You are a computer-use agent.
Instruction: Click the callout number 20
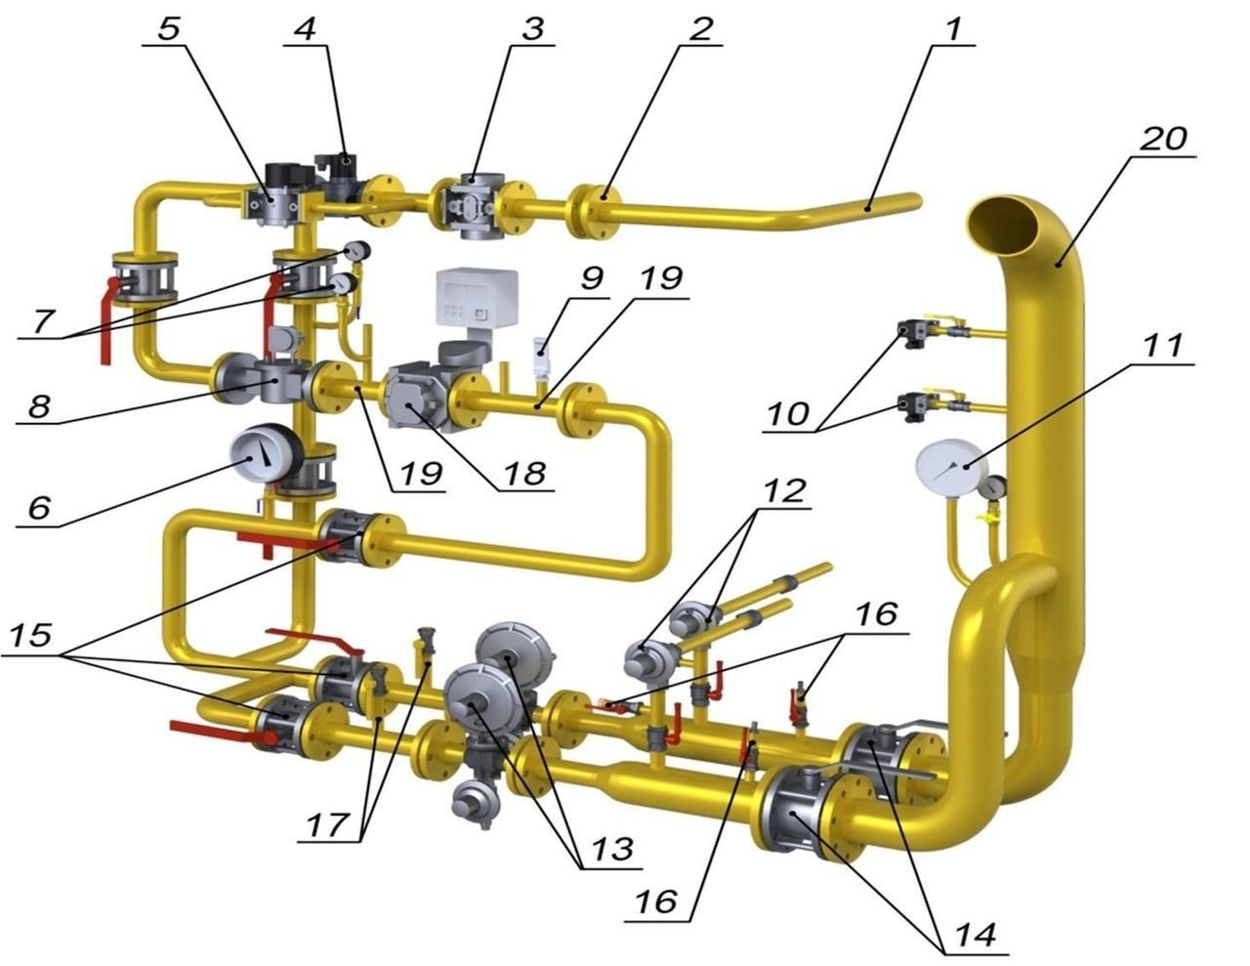point(1164,140)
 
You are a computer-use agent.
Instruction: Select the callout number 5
point(169,28)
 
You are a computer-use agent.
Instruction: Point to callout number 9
point(591,278)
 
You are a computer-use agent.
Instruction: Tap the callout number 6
point(38,507)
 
